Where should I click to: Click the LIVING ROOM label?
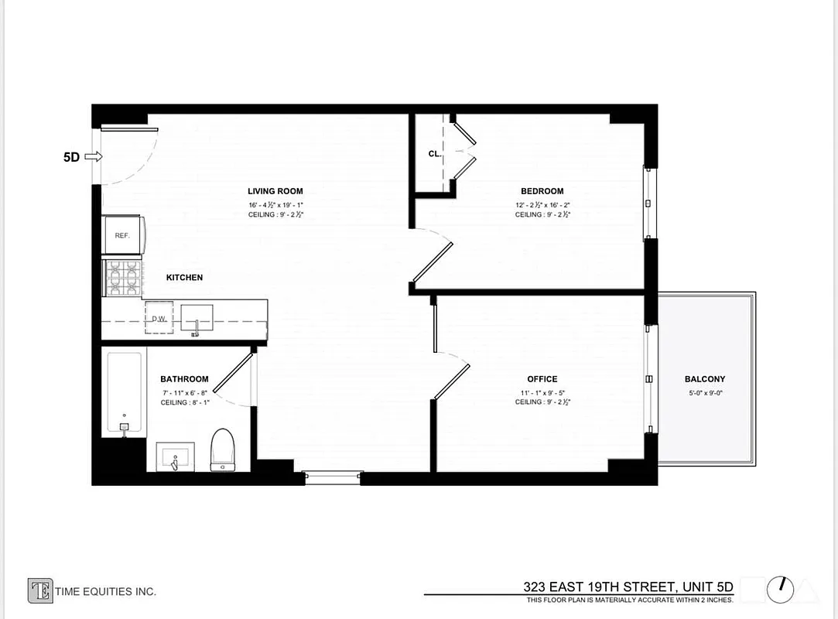tap(275, 191)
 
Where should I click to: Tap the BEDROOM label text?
tap(542, 191)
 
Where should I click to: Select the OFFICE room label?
tap(542, 379)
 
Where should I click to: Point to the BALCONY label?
tap(705, 379)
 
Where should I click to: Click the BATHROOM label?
tap(184, 379)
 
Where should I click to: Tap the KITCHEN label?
tap(184, 277)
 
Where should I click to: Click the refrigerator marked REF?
tap(122, 235)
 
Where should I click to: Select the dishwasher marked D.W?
tap(159, 319)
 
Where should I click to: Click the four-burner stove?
tap(124, 278)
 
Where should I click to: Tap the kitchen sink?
tap(197, 318)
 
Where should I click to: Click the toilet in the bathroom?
tap(223, 450)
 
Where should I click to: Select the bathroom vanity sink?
tap(177, 457)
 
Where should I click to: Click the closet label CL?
tap(434, 154)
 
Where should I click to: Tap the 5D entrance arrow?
tap(93, 157)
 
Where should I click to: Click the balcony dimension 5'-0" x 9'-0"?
tap(705, 392)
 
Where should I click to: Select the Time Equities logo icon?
tap(40, 590)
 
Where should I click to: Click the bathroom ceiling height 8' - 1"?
tap(184, 402)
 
